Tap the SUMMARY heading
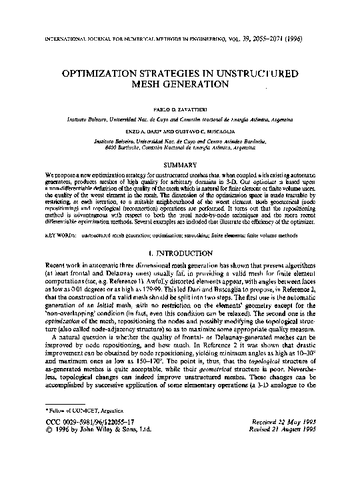[x=180, y=165]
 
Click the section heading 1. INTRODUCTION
[x=180, y=235]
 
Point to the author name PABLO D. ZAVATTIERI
[x=180, y=107]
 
